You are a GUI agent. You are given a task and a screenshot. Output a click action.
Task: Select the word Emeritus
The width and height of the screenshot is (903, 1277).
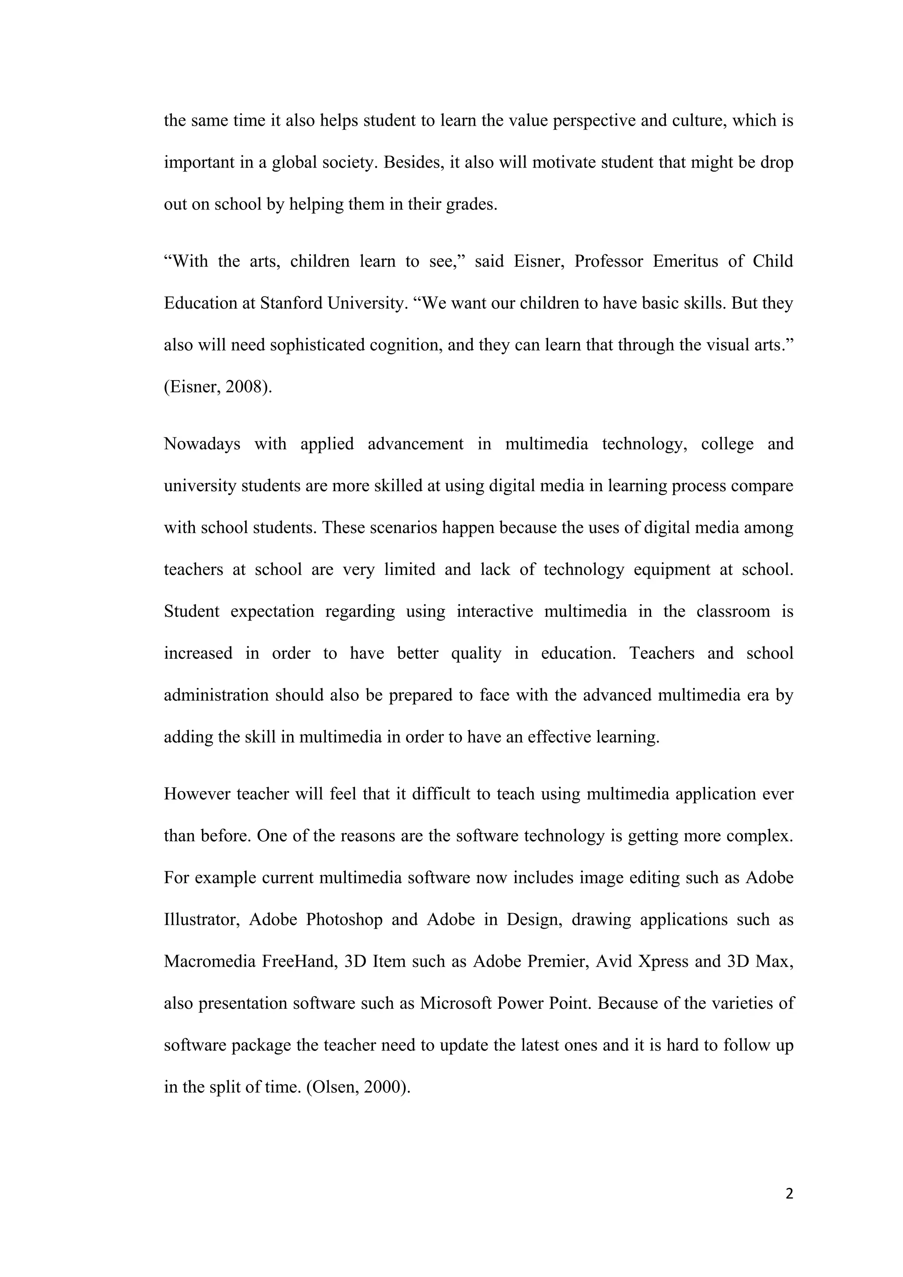[x=685, y=261]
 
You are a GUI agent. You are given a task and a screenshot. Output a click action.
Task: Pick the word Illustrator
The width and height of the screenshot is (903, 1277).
[x=201, y=919]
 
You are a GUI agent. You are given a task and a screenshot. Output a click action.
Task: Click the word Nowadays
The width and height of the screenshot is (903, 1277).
[x=202, y=444]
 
